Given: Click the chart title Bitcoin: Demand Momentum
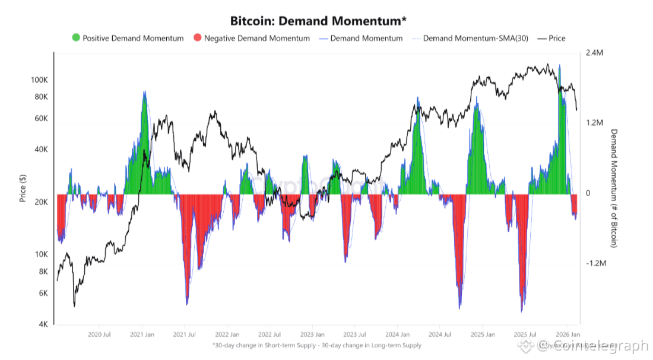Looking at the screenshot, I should [318, 21].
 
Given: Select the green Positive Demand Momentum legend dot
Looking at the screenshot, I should [75, 38].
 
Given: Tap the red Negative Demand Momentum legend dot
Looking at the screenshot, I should [197, 38].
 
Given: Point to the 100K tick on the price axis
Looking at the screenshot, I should [39, 80].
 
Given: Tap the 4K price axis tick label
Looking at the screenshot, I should [43, 324].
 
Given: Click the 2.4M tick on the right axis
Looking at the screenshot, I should [595, 53].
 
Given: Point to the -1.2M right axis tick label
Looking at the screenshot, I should [596, 264].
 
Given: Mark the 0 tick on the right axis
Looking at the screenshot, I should [588, 194].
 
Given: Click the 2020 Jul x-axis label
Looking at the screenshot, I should [99, 334].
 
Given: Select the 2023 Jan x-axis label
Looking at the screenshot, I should [311, 334].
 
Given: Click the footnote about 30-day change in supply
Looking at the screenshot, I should [316, 345].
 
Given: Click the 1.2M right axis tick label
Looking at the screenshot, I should [595, 123].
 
